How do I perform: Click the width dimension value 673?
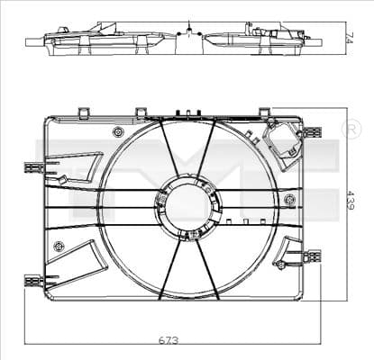coord(169,340)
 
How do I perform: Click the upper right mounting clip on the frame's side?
coord(312,132)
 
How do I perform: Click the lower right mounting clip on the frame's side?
coord(312,256)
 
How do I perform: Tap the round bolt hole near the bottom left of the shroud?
coord(59,246)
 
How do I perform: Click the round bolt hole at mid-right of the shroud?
coord(289,199)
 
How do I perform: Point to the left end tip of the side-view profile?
coord(28,40)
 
